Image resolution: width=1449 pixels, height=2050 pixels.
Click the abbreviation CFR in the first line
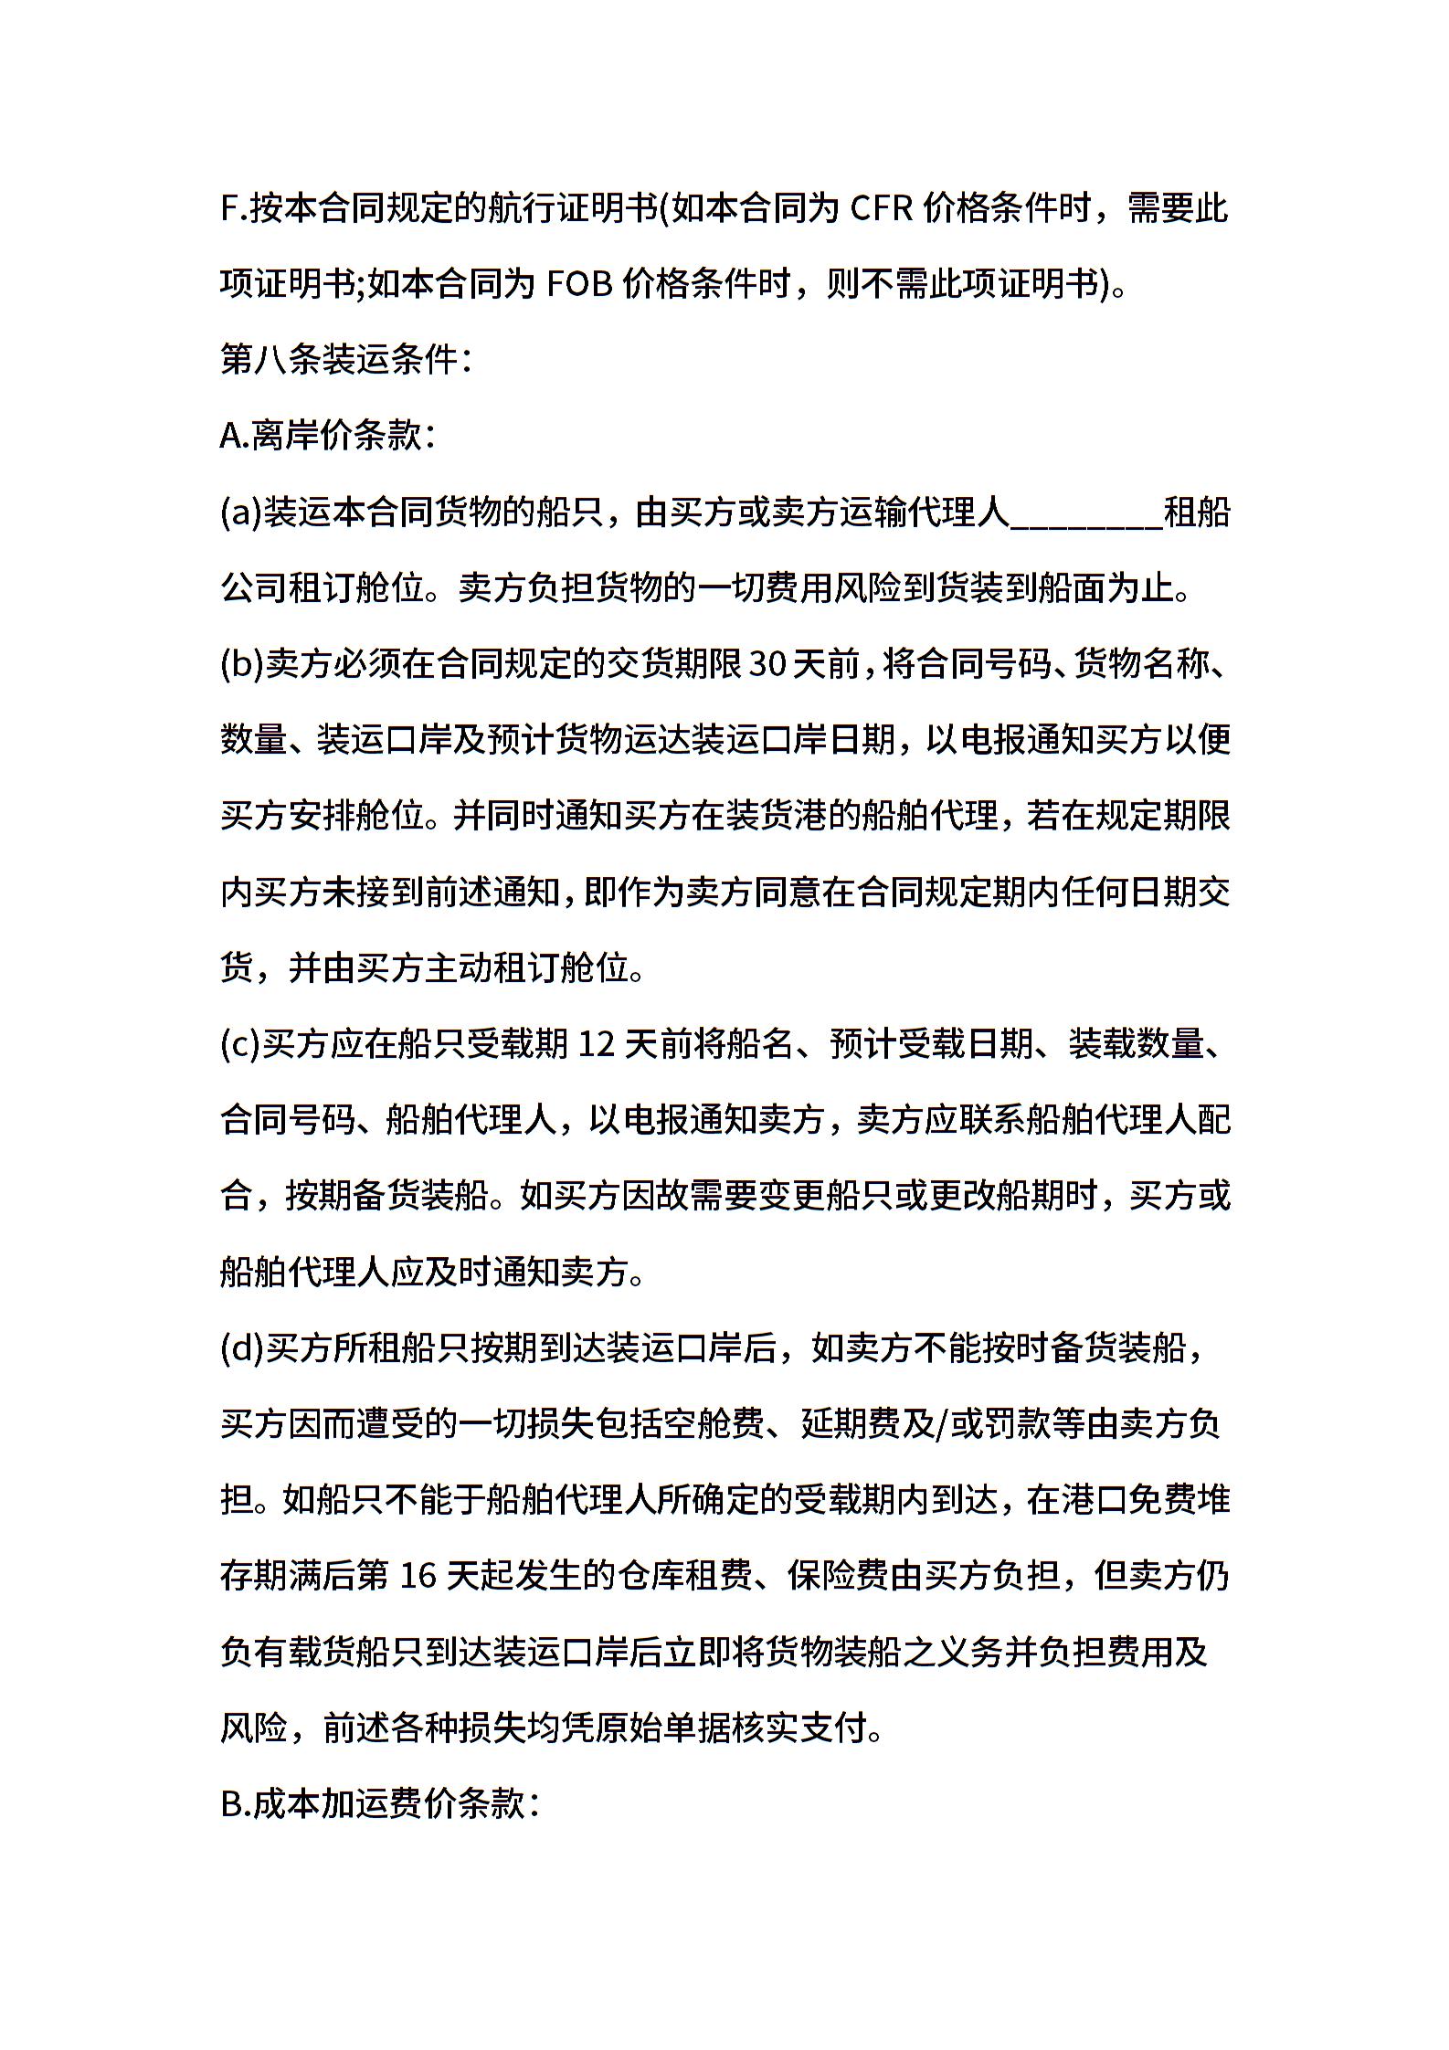(882, 209)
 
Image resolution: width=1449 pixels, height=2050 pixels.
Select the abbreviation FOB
(579, 285)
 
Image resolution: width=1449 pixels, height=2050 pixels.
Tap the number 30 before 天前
(767, 664)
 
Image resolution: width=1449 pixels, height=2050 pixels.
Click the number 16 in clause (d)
(420, 1575)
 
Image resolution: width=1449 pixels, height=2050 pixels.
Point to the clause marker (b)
(242, 664)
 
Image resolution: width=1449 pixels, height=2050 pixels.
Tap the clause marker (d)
(242, 1347)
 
